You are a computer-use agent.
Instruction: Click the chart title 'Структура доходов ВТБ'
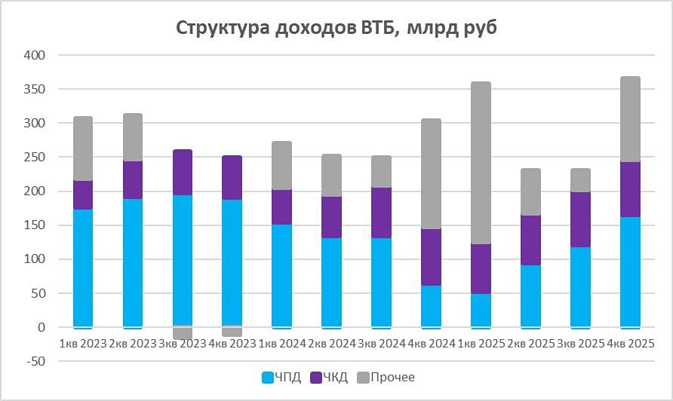336,28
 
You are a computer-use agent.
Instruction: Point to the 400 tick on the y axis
35,56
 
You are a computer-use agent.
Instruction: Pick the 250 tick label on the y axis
35,158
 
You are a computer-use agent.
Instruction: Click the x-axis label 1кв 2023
83,343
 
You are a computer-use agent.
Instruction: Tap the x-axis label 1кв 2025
481,343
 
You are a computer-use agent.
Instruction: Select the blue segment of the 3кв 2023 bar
183,260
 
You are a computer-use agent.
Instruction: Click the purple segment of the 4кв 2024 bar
432,257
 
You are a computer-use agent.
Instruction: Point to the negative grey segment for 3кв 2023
183,333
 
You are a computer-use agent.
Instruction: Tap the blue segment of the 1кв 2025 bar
481,310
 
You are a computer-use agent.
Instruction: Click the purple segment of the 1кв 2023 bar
83,195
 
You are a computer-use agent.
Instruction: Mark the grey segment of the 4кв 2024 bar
432,173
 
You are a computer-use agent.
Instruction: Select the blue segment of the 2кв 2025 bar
531,295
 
